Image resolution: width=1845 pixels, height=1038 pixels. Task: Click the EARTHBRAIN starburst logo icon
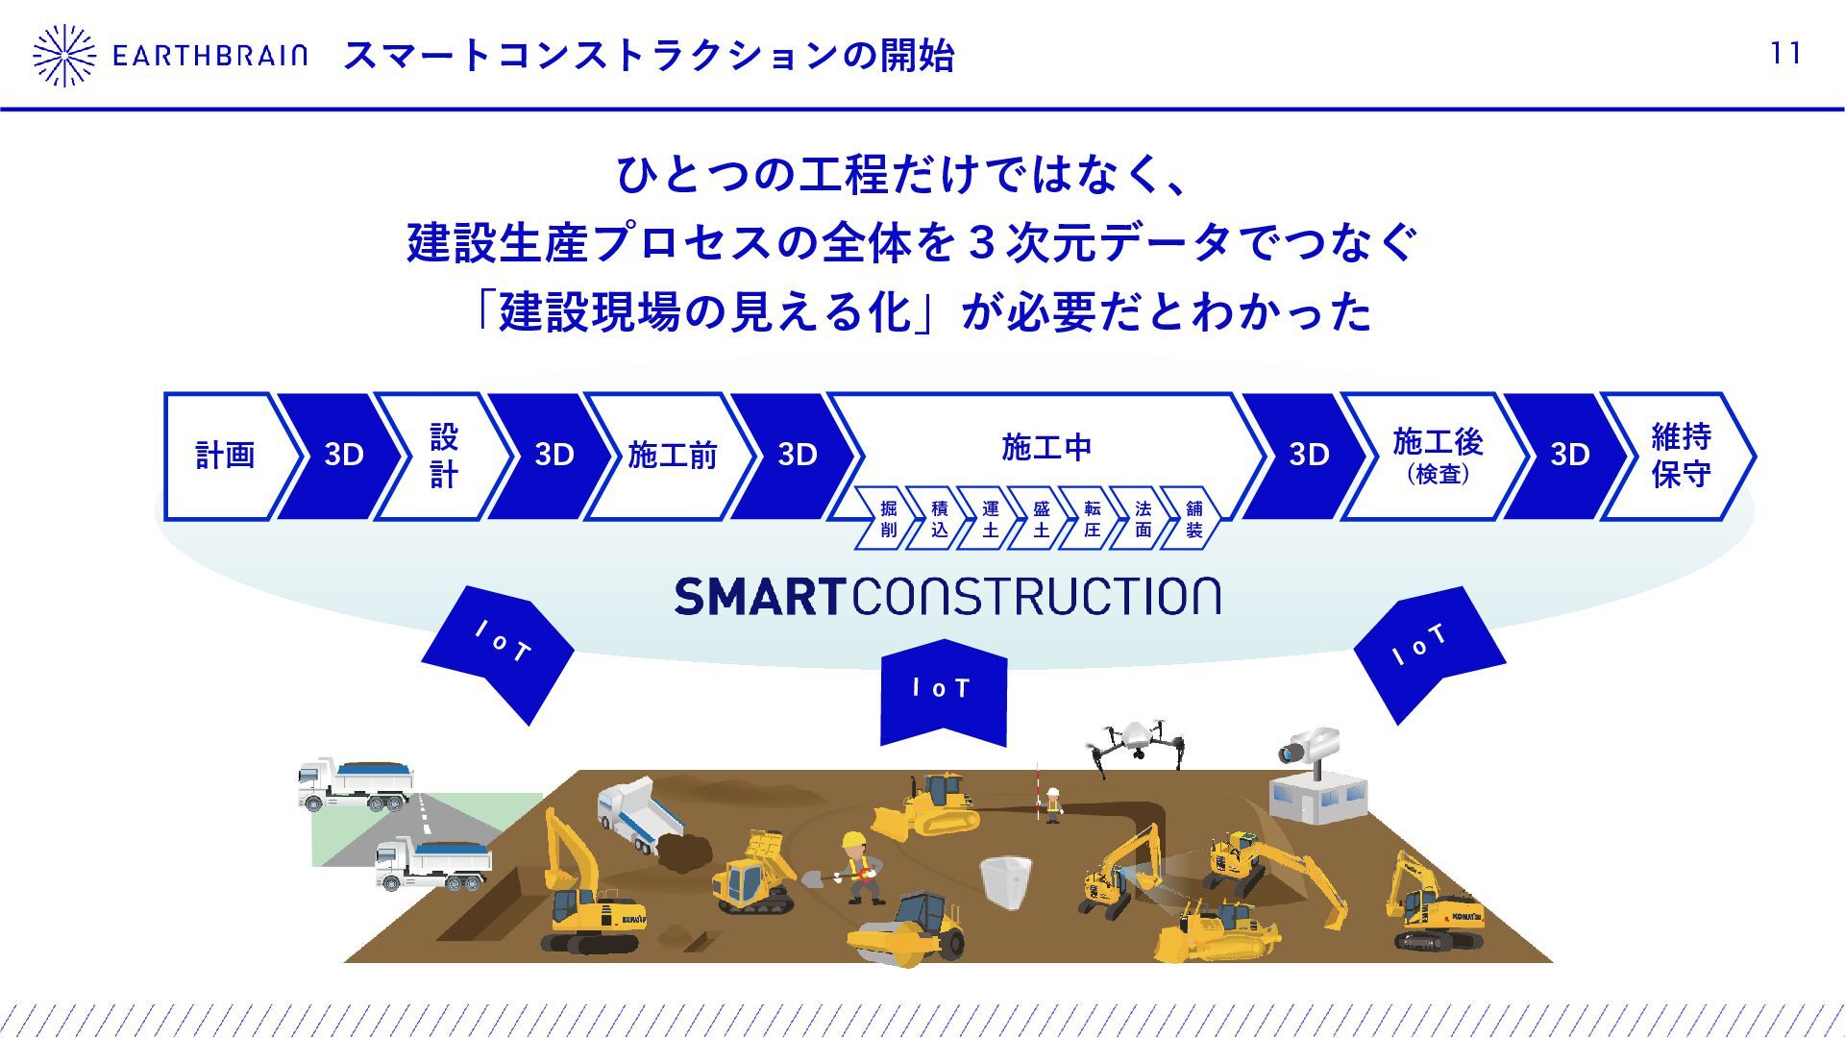pyautogui.click(x=63, y=56)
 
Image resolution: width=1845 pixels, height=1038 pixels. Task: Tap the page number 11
pyautogui.click(x=1785, y=54)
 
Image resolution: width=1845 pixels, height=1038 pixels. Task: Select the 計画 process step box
pyautogui.click(x=225, y=456)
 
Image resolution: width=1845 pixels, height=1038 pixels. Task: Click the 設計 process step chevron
pyautogui.click(x=443, y=456)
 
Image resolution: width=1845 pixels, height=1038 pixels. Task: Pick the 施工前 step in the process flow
pyautogui.click(x=672, y=456)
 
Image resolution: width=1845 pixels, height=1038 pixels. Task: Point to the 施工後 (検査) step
pyautogui.click(x=1437, y=456)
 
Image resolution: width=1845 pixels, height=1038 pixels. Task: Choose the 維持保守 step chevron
pyautogui.click(x=1680, y=456)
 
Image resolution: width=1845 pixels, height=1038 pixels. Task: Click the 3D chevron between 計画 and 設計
pyautogui.click(x=343, y=456)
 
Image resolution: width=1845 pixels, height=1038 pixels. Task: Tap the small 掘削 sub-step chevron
pyautogui.click(x=888, y=519)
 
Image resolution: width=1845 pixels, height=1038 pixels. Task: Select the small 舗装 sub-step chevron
pyautogui.click(x=1193, y=519)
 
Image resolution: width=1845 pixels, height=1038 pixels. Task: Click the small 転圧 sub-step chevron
pyautogui.click(x=1092, y=519)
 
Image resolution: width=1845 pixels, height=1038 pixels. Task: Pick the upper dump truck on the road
pyautogui.click(x=356, y=783)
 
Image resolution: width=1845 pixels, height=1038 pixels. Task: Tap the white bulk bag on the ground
pyautogui.click(x=1005, y=880)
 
